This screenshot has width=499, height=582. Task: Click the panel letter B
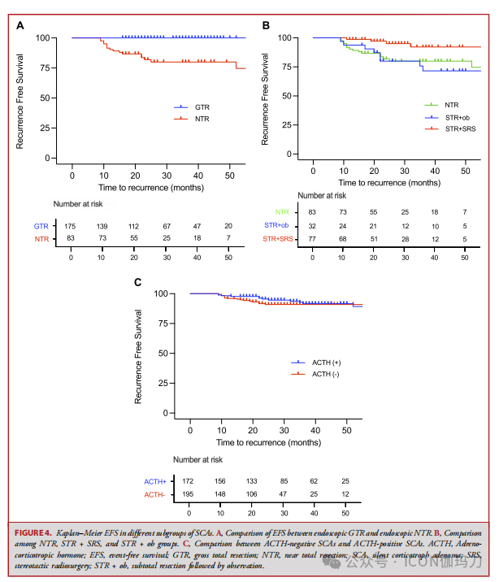pos(266,25)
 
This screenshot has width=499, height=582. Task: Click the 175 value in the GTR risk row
pos(72,224)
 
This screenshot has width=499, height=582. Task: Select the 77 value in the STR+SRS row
pos(313,239)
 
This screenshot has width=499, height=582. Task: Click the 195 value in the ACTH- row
pos(189,494)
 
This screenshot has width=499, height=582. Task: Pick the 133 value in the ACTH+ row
pos(252,481)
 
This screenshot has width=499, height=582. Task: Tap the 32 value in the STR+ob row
pos(313,225)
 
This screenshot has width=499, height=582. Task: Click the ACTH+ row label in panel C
pos(154,481)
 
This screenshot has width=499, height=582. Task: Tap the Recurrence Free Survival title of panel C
pos(139,353)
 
